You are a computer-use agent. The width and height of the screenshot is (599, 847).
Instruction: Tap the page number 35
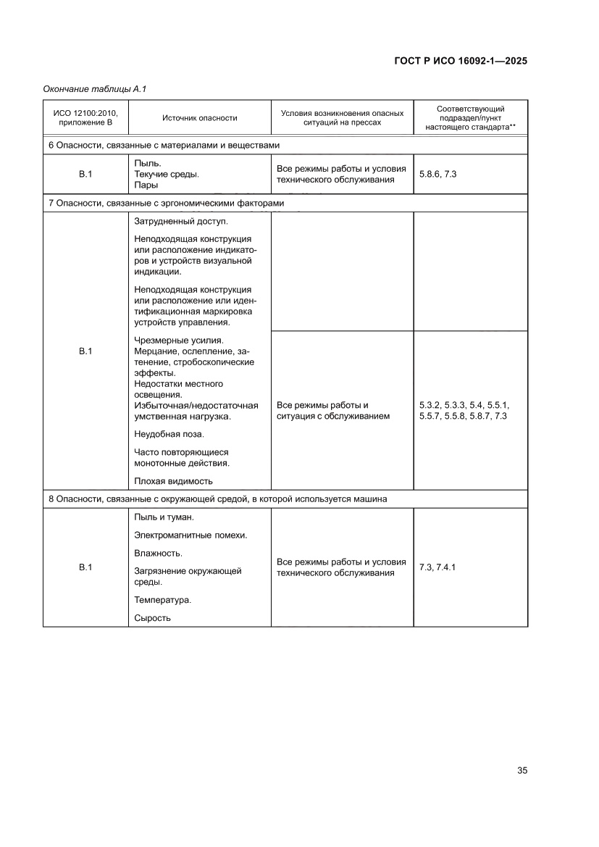point(521,770)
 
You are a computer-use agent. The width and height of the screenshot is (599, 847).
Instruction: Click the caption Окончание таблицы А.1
point(96,89)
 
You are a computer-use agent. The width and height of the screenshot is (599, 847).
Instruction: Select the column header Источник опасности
point(199,117)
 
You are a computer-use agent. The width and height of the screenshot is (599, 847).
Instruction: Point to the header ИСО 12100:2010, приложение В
point(85,117)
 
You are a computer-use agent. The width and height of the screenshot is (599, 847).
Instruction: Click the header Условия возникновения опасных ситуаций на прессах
point(342,117)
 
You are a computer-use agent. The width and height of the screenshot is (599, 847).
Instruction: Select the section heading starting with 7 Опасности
point(171,204)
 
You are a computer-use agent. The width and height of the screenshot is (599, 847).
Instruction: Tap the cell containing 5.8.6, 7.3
point(437,175)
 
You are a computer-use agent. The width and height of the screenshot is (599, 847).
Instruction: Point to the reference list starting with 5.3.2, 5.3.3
point(464,411)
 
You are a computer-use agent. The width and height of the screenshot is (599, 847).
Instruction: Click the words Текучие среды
point(167,175)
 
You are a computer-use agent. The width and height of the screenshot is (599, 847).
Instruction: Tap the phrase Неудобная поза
point(169,434)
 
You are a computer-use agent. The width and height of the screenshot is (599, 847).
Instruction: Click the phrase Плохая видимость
point(174,480)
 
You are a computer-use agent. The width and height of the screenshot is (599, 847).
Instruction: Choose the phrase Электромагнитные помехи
point(190,535)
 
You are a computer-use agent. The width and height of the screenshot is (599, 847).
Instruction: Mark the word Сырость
point(152,618)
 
